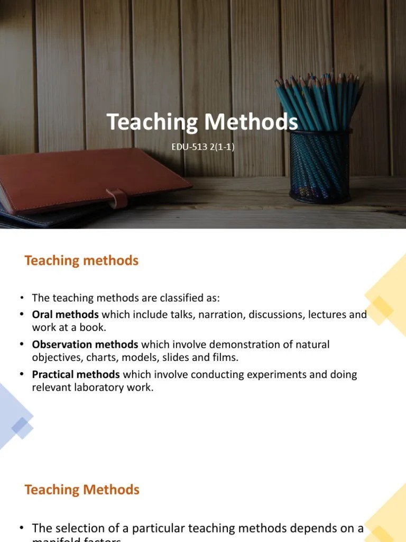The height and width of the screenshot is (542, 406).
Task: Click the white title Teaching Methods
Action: [x=202, y=122]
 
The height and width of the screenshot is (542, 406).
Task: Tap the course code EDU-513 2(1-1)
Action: [x=202, y=147]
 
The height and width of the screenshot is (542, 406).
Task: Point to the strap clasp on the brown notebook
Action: [x=117, y=198]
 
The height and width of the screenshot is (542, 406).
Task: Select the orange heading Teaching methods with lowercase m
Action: [x=81, y=260]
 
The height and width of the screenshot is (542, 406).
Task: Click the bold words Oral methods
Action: [x=66, y=314]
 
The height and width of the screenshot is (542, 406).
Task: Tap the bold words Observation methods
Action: [x=85, y=345]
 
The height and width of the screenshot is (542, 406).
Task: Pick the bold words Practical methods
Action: [x=76, y=375]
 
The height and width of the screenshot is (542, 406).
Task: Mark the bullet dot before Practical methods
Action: [x=22, y=374]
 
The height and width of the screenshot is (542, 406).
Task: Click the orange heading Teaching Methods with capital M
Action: [x=82, y=490]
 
